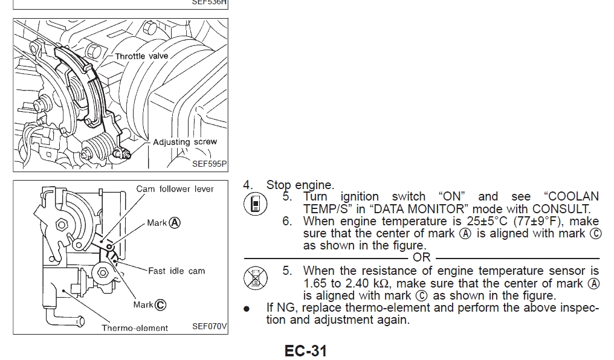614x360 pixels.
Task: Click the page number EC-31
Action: (x=306, y=350)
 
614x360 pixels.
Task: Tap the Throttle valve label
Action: (x=141, y=56)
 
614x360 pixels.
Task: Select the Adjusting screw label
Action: (x=184, y=142)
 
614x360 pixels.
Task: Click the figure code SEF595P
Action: (x=209, y=163)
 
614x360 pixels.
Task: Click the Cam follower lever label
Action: (x=175, y=189)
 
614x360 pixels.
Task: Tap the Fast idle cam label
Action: (x=176, y=271)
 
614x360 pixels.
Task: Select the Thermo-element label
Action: (x=135, y=328)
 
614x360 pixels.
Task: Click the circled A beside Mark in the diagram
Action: (x=175, y=222)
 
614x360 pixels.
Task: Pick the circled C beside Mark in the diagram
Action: (x=160, y=305)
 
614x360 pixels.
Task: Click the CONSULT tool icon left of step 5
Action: (x=255, y=204)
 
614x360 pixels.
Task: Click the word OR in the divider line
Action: (x=422, y=257)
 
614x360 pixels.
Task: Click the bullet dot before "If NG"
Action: (x=246, y=309)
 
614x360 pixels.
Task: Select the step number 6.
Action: (x=286, y=221)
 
